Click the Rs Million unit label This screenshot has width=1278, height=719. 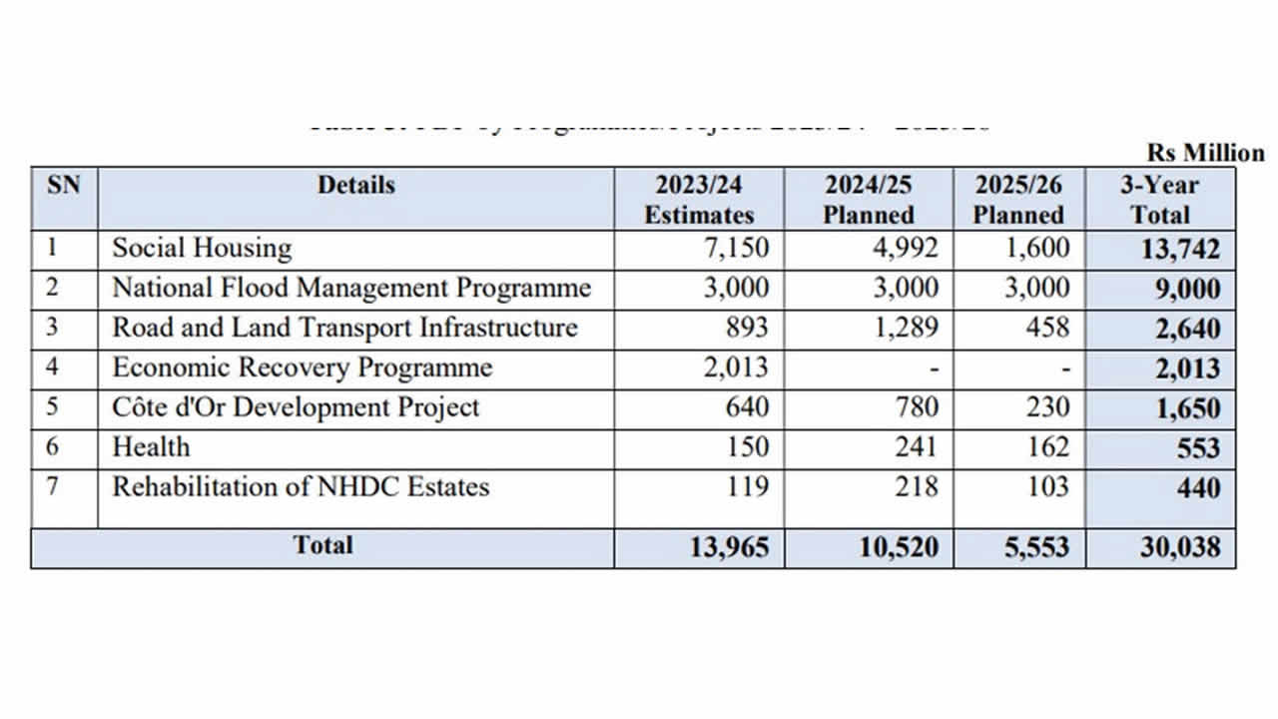tap(1205, 153)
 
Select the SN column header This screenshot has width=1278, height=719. tap(64, 186)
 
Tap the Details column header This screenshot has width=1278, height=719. tap(356, 186)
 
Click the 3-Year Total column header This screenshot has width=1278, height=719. tap(1160, 200)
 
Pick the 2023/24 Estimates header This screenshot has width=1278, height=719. tap(699, 200)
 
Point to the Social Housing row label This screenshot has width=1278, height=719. tap(202, 248)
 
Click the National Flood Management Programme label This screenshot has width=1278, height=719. tap(351, 288)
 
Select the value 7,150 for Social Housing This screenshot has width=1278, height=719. tap(737, 248)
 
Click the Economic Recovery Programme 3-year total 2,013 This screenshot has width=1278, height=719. tap(1187, 368)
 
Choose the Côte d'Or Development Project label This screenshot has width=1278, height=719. tap(296, 407)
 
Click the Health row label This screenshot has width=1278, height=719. tap(151, 446)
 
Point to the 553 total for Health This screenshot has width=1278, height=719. tap(1198, 448)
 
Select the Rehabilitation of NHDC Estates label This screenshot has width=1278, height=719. tap(301, 486)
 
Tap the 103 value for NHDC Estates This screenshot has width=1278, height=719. tap(1047, 486)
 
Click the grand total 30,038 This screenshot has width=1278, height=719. tap(1180, 547)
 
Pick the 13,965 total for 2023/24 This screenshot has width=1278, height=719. tap(729, 547)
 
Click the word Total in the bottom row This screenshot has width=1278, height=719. tap(322, 545)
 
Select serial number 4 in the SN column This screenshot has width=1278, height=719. tap(53, 366)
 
